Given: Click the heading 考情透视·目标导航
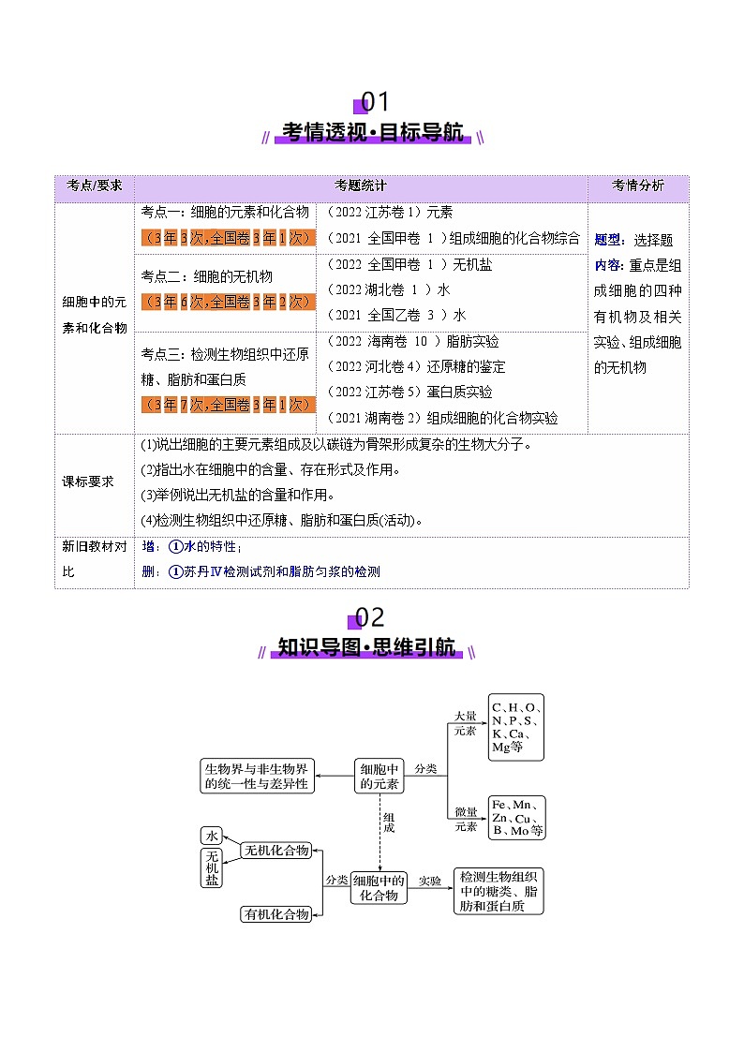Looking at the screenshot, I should [372, 133].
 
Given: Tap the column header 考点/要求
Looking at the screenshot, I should [95, 185].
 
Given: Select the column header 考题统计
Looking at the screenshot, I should [361, 185].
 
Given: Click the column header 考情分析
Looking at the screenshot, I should [637, 185].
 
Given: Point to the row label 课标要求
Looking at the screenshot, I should [88, 481].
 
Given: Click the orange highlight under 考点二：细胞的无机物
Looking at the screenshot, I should [227, 302].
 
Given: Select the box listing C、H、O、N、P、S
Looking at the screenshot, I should [516, 727].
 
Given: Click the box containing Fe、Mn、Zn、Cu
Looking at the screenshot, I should [516, 818].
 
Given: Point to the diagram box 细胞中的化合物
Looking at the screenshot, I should [379, 887].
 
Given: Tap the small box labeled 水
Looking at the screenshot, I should [212, 836].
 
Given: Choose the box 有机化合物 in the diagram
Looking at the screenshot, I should [276, 914].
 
